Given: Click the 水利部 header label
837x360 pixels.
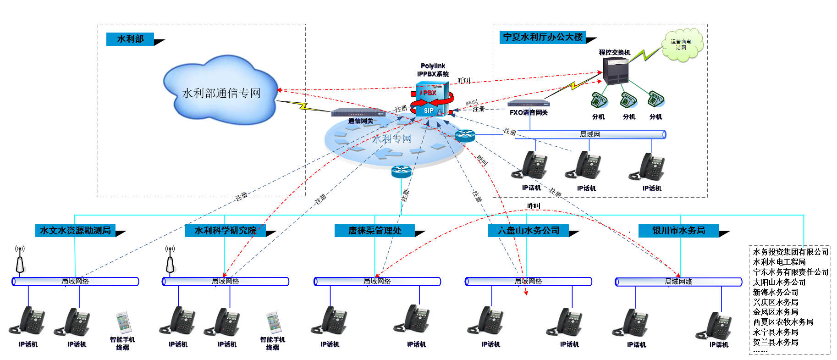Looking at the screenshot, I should [130, 39].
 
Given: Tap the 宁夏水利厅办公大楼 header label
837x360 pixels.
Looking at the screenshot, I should [543, 37].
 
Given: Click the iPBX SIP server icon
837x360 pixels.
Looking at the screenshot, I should [431, 99].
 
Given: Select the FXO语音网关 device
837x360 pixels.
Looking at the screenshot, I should [528, 103].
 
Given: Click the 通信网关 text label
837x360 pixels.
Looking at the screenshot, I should [360, 121].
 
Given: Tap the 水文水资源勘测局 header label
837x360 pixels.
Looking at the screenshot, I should [75, 231].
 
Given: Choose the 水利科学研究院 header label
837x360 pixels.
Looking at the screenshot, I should [225, 231].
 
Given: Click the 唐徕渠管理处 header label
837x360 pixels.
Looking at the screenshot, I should [374, 231].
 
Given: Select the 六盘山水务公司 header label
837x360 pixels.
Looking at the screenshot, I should [528, 231].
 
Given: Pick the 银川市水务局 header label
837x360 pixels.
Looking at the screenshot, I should [678, 231].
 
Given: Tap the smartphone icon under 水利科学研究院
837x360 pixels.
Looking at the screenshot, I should [274, 322].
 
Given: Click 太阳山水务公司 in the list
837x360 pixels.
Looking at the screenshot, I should [779, 282].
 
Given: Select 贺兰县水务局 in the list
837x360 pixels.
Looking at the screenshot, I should [776, 342].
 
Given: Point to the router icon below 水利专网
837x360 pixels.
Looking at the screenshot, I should [402, 172].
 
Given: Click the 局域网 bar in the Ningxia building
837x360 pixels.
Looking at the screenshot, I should [590, 134].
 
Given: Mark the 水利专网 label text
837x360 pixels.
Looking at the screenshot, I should [392, 138].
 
